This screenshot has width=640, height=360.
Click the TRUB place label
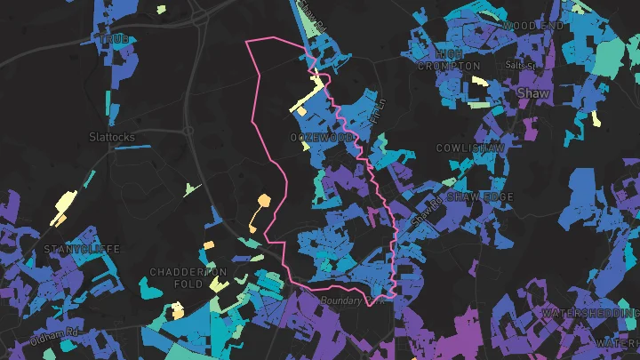tap(114, 40)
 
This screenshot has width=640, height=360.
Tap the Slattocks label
tap(112, 137)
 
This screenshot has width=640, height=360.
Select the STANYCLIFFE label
tap(82, 250)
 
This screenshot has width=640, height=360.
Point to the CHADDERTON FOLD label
tap(188, 277)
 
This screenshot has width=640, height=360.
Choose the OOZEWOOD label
tap(322, 139)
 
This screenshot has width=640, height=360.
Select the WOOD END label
tap(532, 27)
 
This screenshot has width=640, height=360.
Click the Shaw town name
tap(532, 92)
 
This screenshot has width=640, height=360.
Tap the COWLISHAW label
tap(470, 148)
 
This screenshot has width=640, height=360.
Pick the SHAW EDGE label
tap(480, 196)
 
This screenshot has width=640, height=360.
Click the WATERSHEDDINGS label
tap(590, 314)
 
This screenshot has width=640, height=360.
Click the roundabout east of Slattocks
tap(188, 131)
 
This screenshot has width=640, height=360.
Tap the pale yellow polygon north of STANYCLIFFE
tap(62, 208)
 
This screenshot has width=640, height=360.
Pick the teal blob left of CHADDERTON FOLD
tap(145, 287)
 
